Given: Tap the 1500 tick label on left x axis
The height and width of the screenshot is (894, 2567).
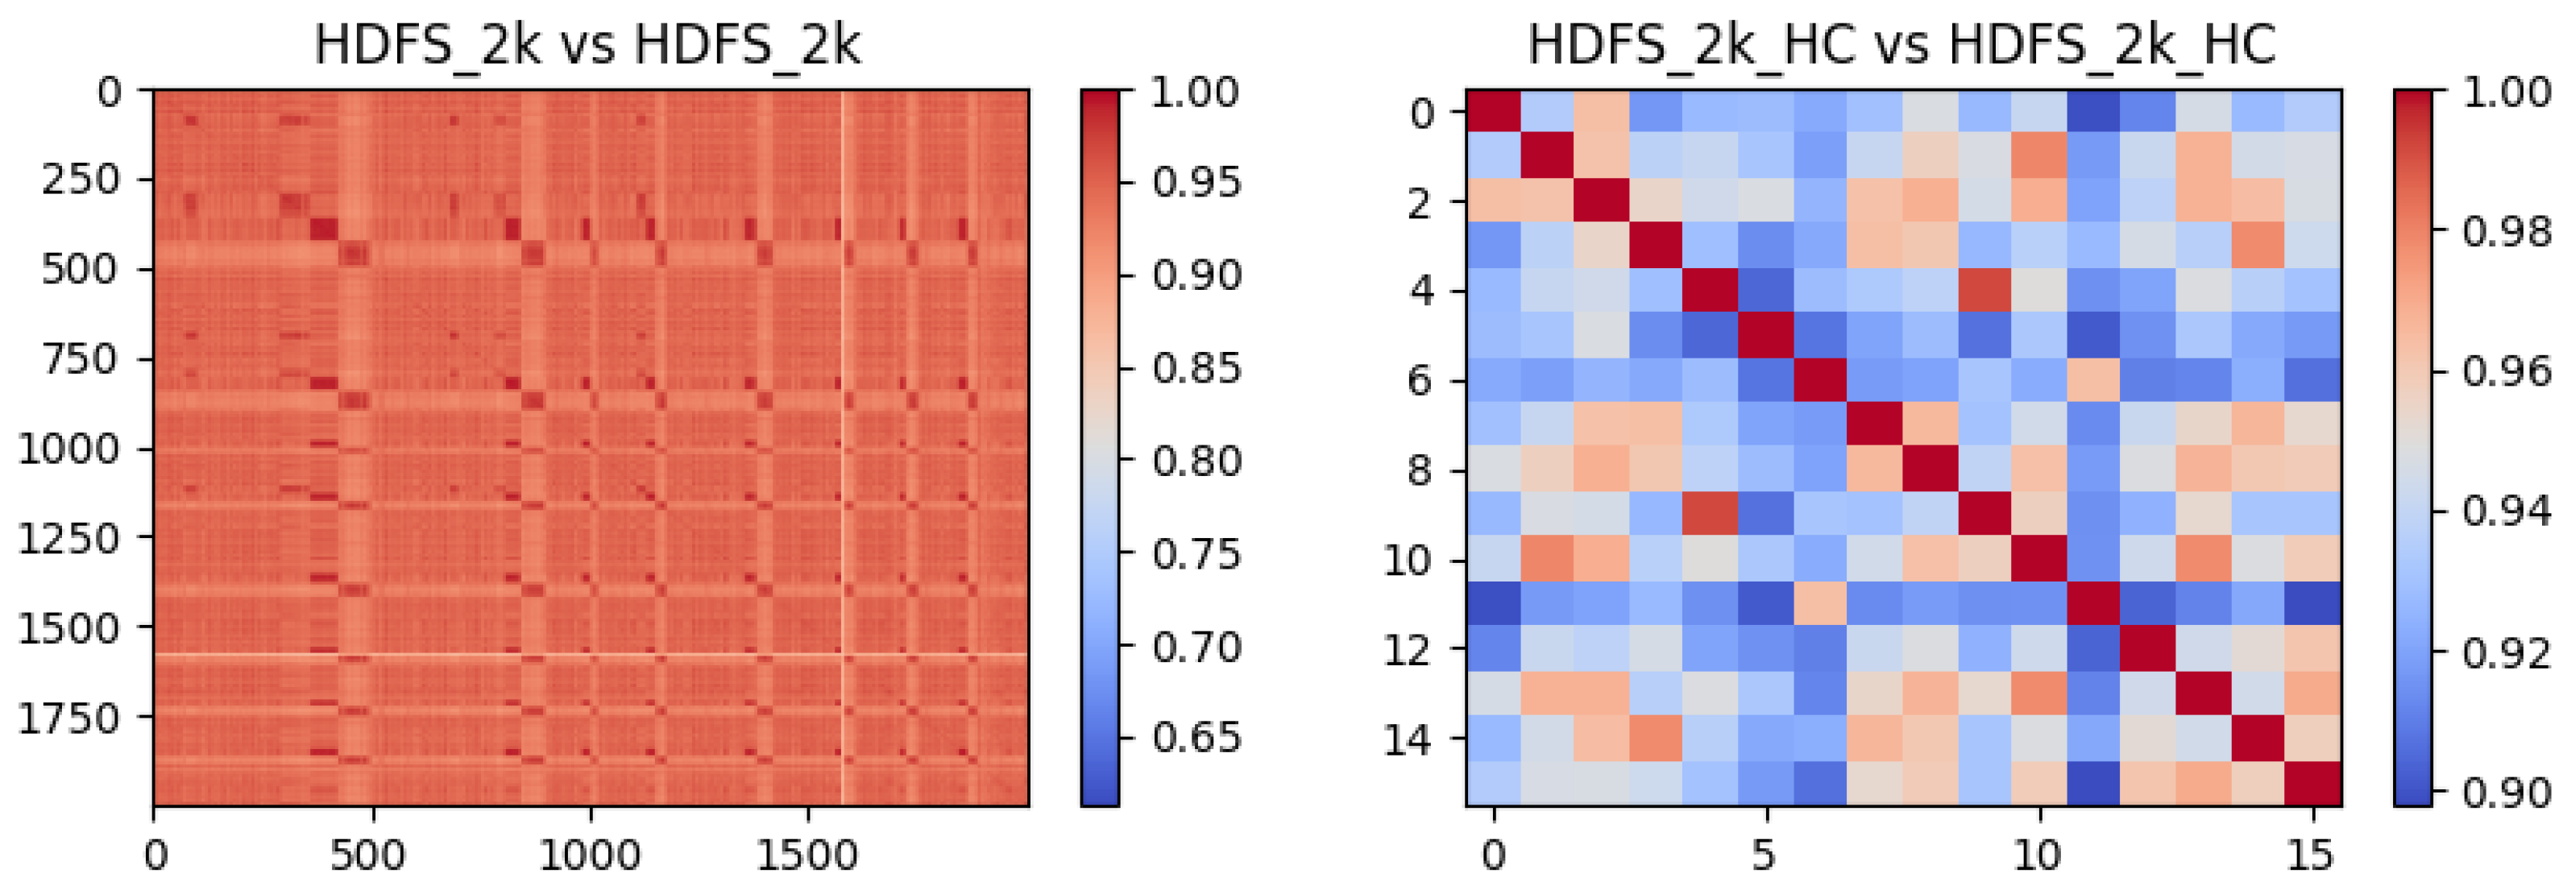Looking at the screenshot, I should (x=807, y=855).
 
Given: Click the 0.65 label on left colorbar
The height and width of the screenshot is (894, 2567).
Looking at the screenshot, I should (x=1196, y=738).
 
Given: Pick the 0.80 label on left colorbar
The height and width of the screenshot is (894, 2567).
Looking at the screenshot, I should (x=1196, y=461).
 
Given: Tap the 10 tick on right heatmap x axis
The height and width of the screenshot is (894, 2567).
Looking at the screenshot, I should (x=2038, y=855).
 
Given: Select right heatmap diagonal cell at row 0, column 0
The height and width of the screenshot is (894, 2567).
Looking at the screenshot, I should (x=1493, y=113).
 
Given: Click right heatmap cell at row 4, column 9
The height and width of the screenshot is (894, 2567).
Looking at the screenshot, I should (x=1985, y=291).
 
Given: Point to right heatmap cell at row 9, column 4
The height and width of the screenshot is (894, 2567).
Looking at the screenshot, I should (x=1711, y=515).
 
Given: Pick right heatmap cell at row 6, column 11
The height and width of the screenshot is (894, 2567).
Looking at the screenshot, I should (x=2094, y=381).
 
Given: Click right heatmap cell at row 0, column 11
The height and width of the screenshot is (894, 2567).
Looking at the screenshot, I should (x=2094, y=113).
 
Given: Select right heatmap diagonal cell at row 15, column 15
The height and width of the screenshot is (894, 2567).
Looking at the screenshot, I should (x=2313, y=784).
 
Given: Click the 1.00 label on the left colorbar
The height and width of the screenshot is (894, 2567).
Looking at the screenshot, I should (x=1195, y=93).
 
